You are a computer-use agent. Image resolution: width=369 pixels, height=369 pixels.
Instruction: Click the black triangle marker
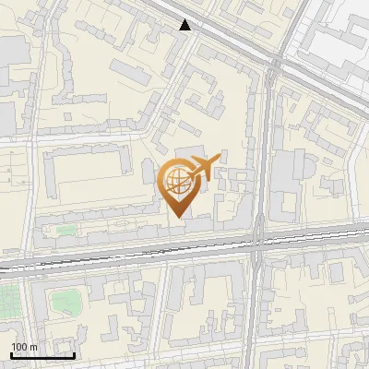[185, 25]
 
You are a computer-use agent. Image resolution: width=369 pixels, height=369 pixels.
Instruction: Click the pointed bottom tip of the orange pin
[178, 217]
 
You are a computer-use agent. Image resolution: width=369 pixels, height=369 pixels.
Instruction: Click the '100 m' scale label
[24, 347]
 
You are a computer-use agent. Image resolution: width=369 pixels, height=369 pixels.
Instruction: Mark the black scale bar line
[42, 354]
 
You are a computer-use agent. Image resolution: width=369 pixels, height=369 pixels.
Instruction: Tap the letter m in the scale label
[32, 347]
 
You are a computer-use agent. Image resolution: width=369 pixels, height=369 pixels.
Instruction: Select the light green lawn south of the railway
[65, 300]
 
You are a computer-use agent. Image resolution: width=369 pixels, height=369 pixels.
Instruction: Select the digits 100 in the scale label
[19, 347]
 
